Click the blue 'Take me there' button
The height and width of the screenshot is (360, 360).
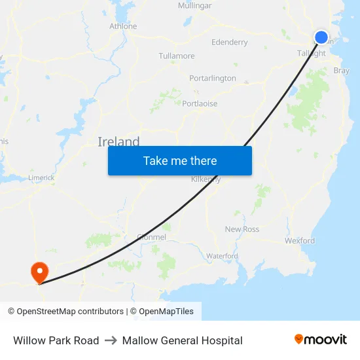click(180, 160)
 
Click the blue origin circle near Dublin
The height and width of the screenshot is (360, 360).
click(321, 37)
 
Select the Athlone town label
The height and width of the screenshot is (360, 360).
click(123, 26)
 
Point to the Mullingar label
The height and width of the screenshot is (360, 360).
click(195, 6)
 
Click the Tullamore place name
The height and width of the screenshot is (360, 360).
click(177, 56)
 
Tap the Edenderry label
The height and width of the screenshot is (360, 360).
click(230, 43)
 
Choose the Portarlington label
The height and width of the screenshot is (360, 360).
click(213, 79)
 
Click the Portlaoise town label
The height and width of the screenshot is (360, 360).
click(200, 103)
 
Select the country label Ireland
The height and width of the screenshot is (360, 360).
click(118, 142)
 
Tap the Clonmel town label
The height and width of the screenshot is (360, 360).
click(152, 237)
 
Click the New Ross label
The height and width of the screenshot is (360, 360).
click(242, 229)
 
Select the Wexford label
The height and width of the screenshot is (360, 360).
click(300, 240)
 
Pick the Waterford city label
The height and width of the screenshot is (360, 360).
click(222, 255)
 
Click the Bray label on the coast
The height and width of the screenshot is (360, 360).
click(341, 71)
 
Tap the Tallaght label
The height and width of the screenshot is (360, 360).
click(312, 54)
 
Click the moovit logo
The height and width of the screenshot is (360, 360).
click(321, 340)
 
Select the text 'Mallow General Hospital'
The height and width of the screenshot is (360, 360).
click(182, 340)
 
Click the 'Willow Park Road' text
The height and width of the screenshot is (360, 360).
click(56, 340)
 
